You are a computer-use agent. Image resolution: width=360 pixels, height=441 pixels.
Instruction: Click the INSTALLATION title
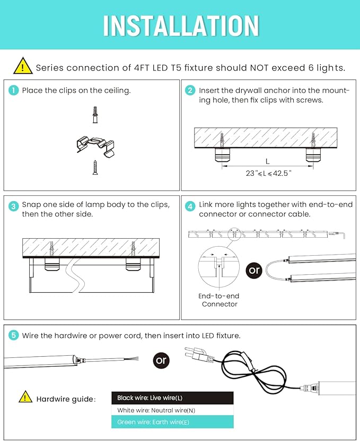(x=180, y=25)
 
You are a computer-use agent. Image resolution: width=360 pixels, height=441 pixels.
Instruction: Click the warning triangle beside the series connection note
(x=23, y=66)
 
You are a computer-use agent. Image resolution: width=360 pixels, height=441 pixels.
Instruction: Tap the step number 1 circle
(x=14, y=91)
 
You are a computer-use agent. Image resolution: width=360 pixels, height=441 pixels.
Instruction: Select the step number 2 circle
(x=190, y=91)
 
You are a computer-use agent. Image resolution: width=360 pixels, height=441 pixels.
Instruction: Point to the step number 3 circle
(x=14, y=206)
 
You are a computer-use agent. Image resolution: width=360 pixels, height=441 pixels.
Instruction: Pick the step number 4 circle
(x=190, y=206)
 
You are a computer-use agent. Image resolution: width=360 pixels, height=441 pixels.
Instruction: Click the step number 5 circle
(x=14, y=336)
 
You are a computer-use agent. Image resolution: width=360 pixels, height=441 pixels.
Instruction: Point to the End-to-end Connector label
(x=219, y=300)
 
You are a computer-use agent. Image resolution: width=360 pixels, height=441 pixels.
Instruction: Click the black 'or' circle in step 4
(x=254, y=270)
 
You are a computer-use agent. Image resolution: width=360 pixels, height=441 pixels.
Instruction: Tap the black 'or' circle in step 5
(x=161, y=361)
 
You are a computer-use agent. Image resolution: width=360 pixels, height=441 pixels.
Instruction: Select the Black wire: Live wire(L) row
(x=172, y=398)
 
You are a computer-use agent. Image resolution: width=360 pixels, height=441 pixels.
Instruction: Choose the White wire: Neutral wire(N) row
(x=172, y=410)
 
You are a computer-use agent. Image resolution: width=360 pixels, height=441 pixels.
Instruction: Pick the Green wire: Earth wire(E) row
(x=172, y=422)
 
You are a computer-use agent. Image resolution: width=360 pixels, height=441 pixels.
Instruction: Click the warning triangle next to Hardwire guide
(x=25, y=397)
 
